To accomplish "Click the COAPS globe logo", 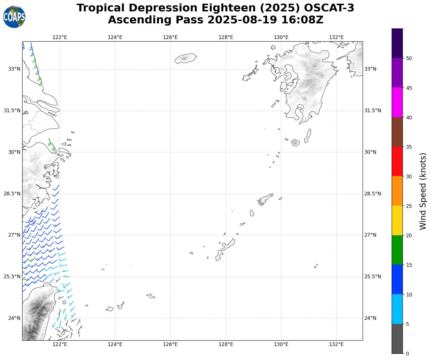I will click(14, 17).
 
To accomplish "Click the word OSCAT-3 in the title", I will click(329, 8).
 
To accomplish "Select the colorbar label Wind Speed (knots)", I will click(423, 191).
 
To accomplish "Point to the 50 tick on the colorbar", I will click(409, 58).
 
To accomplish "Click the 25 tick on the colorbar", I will click(409, 206).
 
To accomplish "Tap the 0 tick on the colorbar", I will click(407, 354).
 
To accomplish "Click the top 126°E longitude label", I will click(170, 37).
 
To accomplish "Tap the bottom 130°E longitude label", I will click(281, 344).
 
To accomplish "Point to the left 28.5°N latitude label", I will click(12, 194).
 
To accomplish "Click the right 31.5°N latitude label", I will click(373, 111).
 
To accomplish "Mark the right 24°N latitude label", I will click(370, 318).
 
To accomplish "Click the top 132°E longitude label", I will click(336, 37).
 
